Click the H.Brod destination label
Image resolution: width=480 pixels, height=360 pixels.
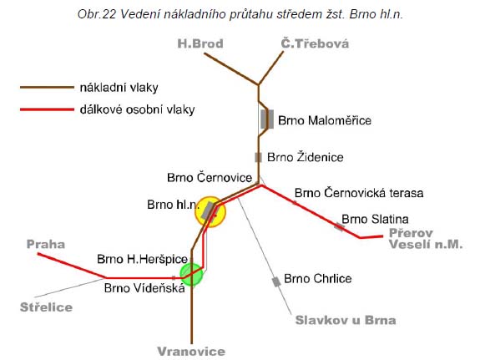(x=200, y=43)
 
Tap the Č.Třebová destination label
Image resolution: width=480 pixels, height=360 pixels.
(x=315, y=43)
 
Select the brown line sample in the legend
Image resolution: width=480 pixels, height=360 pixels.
(x=47, y=88)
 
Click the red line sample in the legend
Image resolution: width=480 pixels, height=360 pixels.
(x=47, y=109)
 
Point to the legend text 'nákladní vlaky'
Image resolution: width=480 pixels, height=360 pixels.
(x=119, y=88)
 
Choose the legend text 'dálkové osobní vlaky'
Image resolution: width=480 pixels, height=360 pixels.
(x=138, y=109)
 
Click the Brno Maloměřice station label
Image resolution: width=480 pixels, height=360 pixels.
(x=325, y=120)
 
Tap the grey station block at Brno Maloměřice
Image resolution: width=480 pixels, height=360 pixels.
(x=267, y=119)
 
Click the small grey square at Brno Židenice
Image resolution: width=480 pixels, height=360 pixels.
(x=259, y=158)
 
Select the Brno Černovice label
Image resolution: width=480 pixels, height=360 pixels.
(x=210, y=178)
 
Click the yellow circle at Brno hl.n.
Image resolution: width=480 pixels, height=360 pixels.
(x=210, y=212)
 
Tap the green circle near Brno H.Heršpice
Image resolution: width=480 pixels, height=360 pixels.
(x=191, y=274)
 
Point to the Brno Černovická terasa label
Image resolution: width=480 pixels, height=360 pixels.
(x=359, y=193)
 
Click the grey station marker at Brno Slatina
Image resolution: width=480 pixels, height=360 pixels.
(x=339, y=227)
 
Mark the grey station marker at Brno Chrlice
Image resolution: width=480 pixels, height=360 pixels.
(x=276, y=281)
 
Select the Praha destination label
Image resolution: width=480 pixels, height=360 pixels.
(x=46, y=244)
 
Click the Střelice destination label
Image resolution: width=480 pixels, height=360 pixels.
(x=46, y=307)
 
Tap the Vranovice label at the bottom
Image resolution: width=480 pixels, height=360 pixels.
(x=191, y=351)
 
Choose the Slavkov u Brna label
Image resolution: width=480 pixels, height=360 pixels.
(x=346, y=320)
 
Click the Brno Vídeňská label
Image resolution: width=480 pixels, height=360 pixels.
(x=144, y=288)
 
